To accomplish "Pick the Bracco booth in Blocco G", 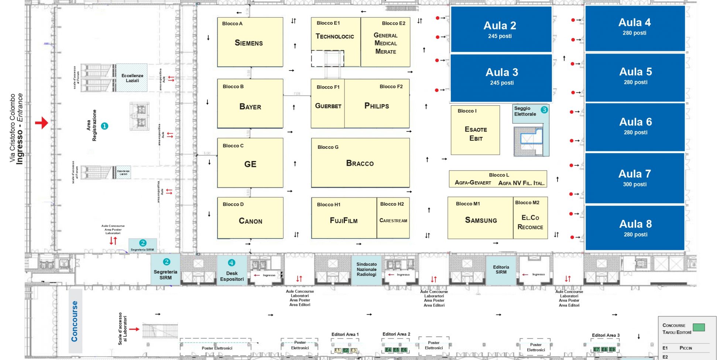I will click(360, 163).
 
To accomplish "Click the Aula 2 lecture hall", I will click(501, 30).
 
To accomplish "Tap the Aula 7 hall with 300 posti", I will click(635, 178).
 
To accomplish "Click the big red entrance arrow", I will click(42, 123).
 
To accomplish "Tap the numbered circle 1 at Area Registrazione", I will click(104, 126).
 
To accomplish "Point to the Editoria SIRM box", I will click(501, 270).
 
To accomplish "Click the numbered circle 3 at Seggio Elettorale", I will click(544, 110).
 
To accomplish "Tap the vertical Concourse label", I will click(75, 321).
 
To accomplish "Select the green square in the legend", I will click(699, 327).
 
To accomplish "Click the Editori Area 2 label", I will click(396, 334).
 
